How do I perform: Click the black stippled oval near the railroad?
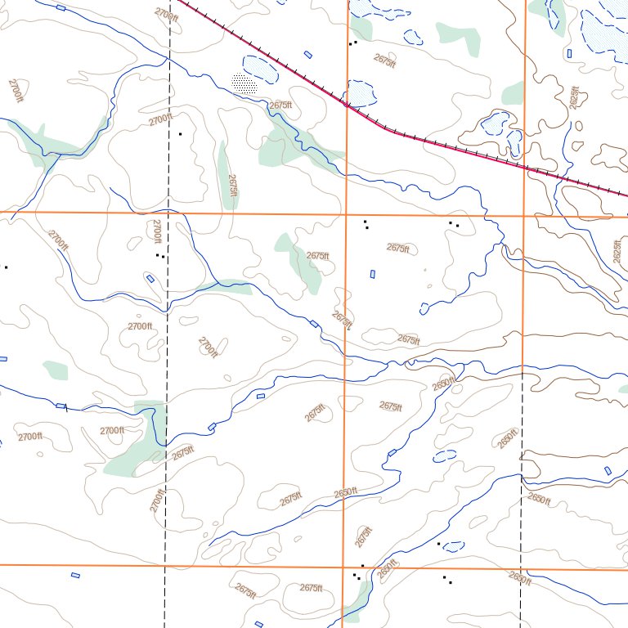[244, 83]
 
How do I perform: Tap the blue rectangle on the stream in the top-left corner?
[61, 7]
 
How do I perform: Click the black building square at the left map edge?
[6, 267]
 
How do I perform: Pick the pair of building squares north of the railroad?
[352, 42]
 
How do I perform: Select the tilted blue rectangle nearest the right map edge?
[608, 470]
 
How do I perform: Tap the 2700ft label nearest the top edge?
[165, 13]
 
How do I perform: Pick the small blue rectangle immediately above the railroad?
[307, 55]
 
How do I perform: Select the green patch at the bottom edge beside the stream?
[353, 607]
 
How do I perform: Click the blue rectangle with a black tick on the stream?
[61, 406]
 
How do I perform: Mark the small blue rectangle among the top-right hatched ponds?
[568, 52]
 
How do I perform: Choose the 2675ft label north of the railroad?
[384, 59]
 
